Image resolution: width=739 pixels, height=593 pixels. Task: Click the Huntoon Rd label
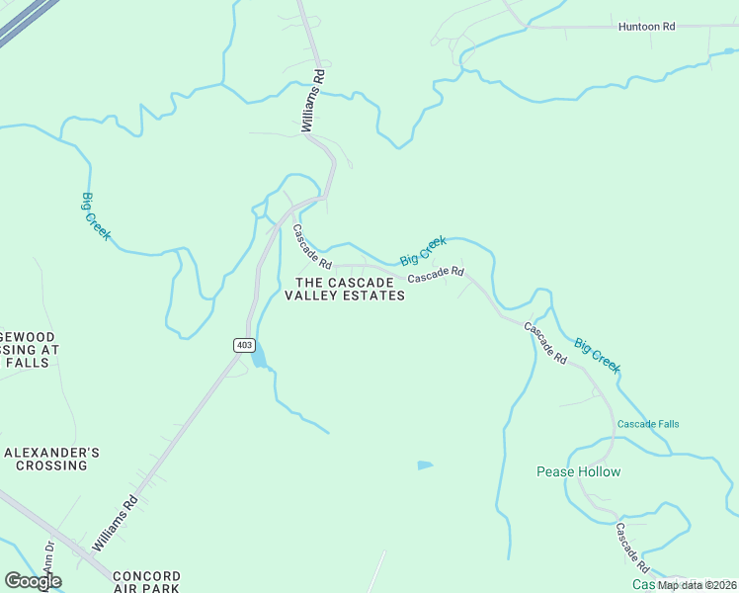coord(646,27)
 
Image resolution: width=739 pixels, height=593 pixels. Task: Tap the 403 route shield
coord(245,345)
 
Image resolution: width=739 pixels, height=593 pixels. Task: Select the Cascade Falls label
coord(648,425)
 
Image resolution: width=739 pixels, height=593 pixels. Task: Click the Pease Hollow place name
coord(578,471)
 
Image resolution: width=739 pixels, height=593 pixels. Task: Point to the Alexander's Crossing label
coord(51,459)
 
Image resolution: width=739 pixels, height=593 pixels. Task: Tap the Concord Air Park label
coord(146,581)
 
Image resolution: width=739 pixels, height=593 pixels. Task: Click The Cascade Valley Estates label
coord(345,289)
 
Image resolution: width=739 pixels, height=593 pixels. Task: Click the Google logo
coord(33,581)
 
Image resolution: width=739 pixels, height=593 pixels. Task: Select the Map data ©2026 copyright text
coord(698,585)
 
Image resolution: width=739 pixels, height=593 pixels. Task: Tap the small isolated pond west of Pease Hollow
coord(425,465)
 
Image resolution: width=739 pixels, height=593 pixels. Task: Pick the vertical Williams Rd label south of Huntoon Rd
coord(312,101)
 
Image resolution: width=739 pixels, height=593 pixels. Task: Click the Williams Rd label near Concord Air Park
coord(114,524)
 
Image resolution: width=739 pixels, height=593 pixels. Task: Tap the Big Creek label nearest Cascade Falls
coord(598,356)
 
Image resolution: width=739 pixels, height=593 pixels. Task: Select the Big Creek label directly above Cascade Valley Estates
coord(424,250)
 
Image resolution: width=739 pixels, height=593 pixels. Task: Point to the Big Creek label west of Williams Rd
coord(96,216)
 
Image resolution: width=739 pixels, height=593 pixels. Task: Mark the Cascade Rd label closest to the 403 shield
coord(311,246)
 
